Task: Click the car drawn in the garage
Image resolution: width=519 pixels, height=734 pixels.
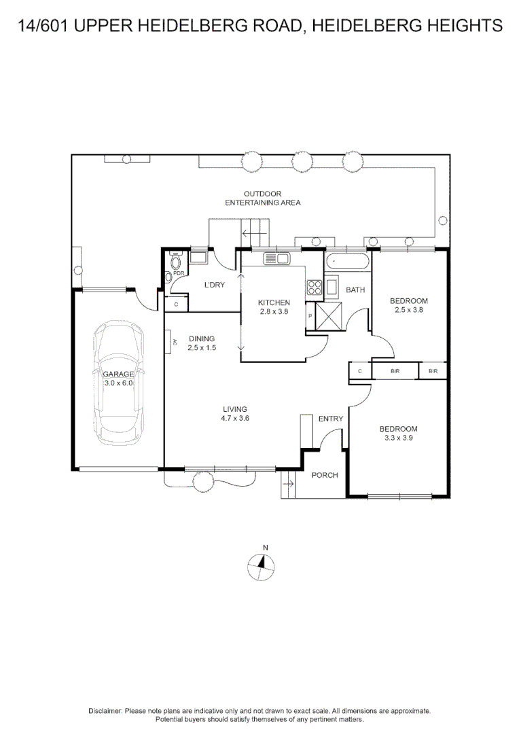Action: (x=119, y=381)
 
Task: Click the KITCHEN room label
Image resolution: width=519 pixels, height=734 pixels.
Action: (x=274, y=302)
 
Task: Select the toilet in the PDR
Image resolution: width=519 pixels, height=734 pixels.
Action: (x=176, y=262)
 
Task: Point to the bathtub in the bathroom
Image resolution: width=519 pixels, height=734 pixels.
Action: (x=346, y=261)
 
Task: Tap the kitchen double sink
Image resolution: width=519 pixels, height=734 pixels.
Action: (x=276, y=258)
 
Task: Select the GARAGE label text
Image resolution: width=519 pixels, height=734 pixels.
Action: (x=118, y=374)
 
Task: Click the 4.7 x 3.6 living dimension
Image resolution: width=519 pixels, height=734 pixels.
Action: (x=234, y=419)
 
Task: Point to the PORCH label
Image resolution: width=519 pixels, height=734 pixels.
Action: (x=325, y=475)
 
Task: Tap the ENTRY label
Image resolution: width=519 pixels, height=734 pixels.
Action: (x=331, y=419)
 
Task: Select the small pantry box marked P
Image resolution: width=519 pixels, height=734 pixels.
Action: (x=310, y=316)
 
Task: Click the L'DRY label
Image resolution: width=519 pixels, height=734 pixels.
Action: (x=215, y=285)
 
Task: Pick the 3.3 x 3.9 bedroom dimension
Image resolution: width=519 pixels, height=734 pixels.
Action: (x=398, y=438)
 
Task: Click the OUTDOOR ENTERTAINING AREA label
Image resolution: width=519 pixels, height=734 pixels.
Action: (x=263, y=198)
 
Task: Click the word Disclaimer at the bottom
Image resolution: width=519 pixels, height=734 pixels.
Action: (x=105, y=710)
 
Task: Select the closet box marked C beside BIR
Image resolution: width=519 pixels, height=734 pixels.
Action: (x=359, y=371)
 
